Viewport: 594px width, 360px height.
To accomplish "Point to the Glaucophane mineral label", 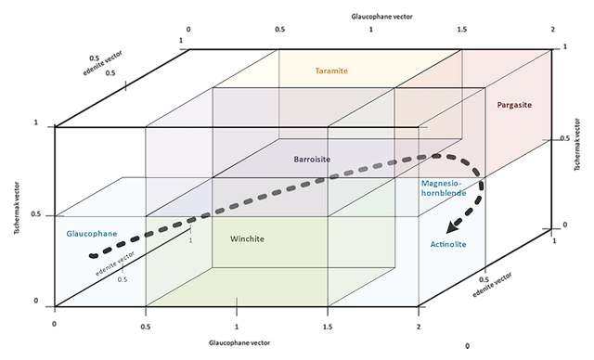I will click(91, 233).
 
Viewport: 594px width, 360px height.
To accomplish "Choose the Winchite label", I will click(248, 239).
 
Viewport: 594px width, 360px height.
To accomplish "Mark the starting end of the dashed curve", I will click(91, 254).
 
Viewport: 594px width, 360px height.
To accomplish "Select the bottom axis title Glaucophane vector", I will click(237, 344).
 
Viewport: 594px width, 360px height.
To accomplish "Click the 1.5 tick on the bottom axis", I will click(329, 326).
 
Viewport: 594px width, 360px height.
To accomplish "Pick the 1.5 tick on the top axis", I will click(460, 30).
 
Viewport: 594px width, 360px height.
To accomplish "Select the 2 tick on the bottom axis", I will click(419, 326).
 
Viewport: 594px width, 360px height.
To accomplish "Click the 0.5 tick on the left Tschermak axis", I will click(37, 215).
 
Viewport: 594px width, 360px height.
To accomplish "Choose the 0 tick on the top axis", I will click(189, 30).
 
